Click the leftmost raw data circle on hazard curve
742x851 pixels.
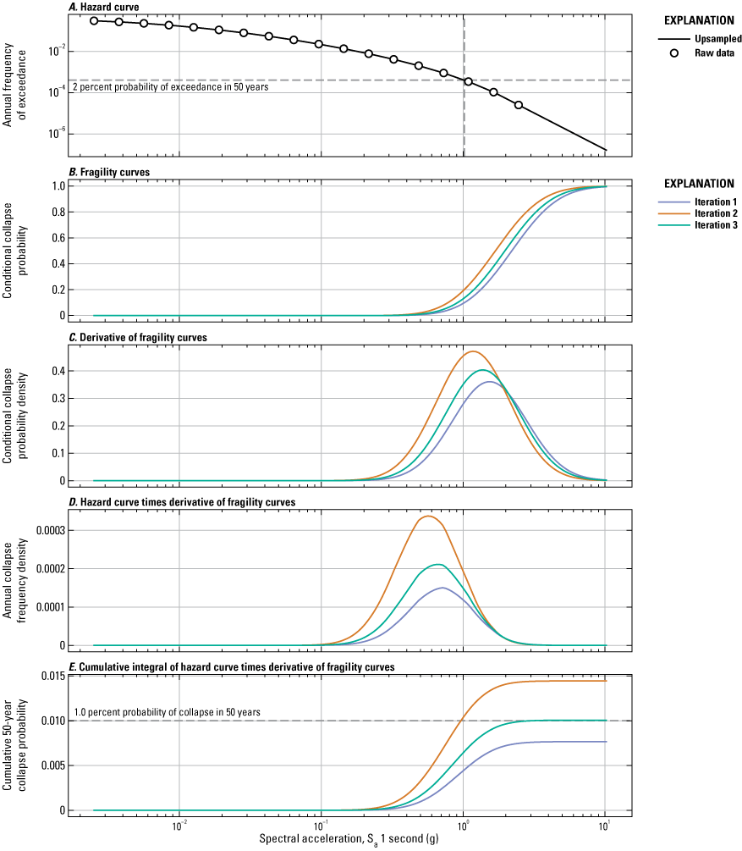point(94,19)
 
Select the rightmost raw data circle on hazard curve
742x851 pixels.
point(518,105)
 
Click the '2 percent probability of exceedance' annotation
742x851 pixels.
point(171,87)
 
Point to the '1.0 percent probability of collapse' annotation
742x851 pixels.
point(167,713)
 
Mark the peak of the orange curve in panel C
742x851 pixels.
point(473,351)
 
